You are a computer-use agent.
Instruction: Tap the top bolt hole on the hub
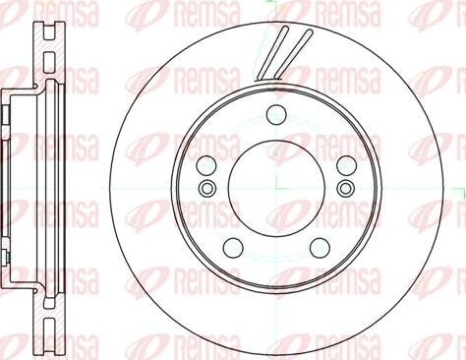pyautogui.click(x=276, y=115)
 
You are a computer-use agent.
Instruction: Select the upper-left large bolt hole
pyautogui.click(x=206, y=165)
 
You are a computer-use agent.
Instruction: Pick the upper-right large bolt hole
pyautogui.click(x=347, y=165)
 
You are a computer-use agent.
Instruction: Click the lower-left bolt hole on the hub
pyautogui.click(x=233, y=248)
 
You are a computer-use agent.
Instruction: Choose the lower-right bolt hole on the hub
pyautogui.click(x=320, y=248)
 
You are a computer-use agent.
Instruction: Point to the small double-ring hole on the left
pyautogui.click(x=207, y=188)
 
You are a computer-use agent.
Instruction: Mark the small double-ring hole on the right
pyautogui.click(x=346, y=188)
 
